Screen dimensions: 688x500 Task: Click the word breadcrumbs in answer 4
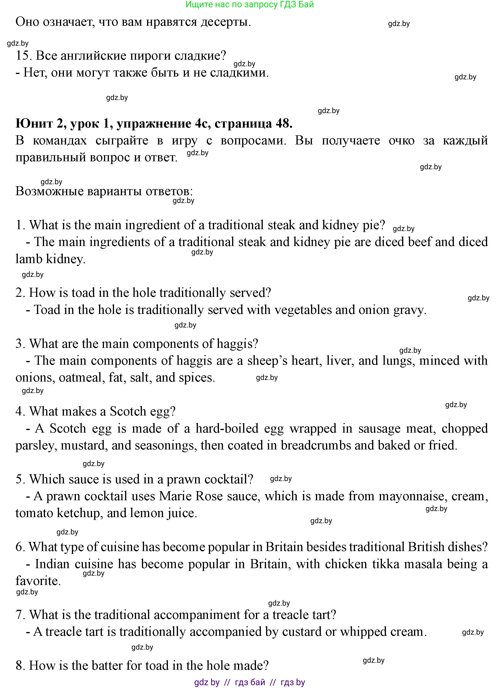coord(315,446)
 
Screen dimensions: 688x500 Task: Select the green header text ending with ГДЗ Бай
coord(249,4)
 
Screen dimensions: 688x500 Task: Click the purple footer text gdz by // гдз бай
coord(249,682)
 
